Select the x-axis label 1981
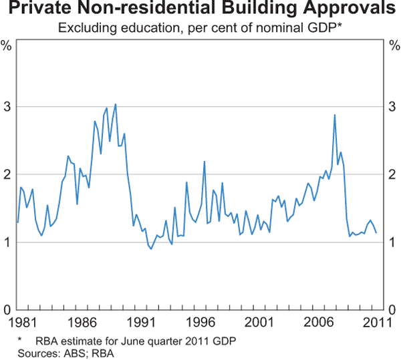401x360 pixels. point(17,322)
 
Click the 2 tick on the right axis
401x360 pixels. point(394,174)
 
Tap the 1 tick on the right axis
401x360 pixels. point(394,242)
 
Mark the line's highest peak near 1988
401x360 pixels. point(116,104)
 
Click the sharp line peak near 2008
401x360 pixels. point(334,115)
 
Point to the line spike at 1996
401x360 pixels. point(204,161)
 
